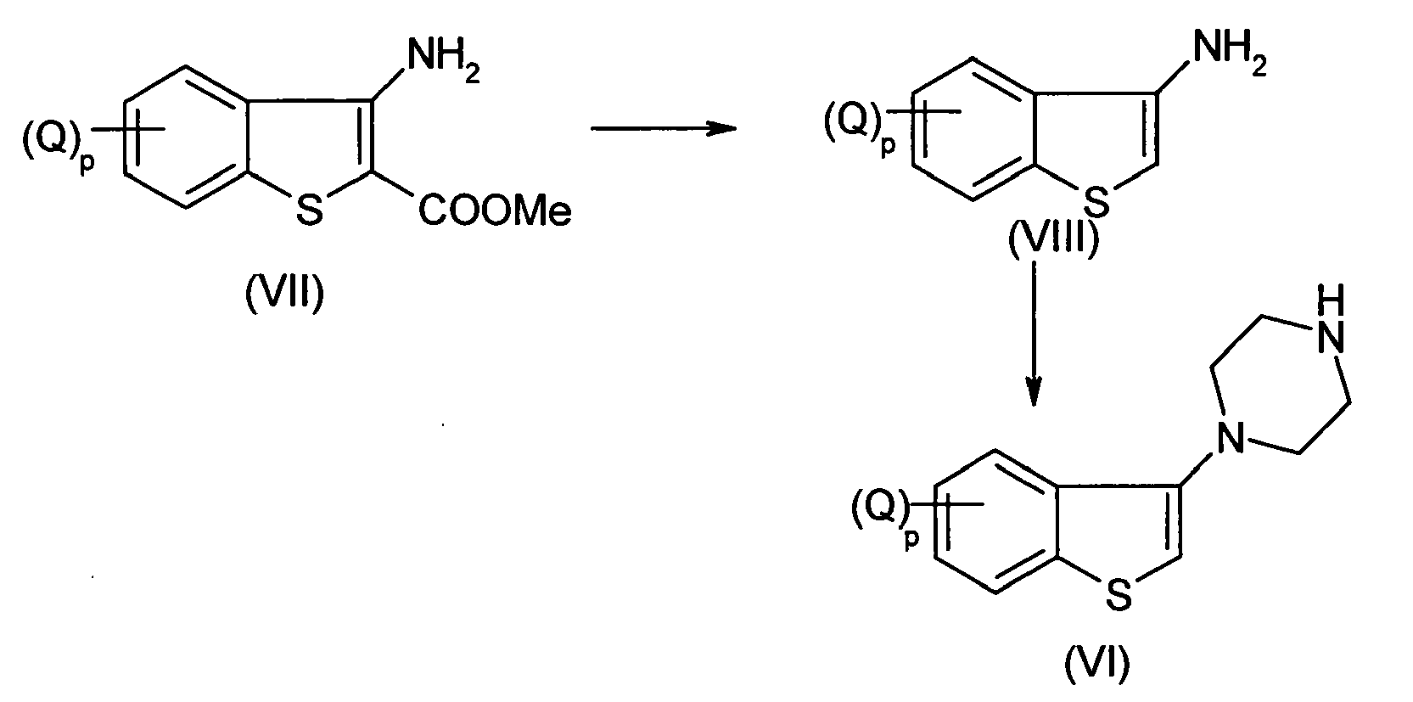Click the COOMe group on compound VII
(495, 211)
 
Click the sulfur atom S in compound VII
(309, 210)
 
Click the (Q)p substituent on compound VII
(58, 143)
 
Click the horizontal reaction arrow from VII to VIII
(664, 129)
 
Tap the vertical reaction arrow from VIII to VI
(1034, 334)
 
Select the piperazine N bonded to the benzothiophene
(1230, 437)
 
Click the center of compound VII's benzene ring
(186, 137)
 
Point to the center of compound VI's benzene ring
(995, 521)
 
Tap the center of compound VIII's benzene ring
(973, 129)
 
